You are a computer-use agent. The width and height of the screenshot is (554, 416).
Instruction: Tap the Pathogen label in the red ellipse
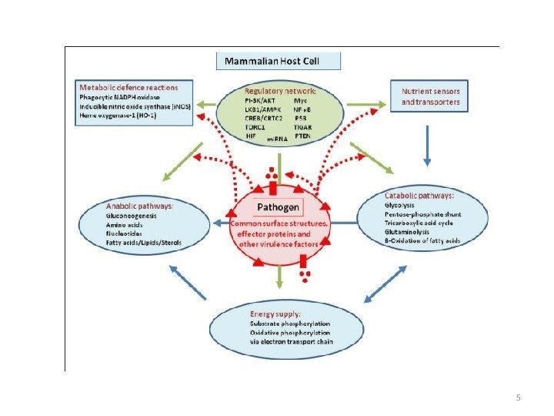[x=278, y=207]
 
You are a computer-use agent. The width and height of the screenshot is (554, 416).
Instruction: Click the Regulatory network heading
[x=280, y=91]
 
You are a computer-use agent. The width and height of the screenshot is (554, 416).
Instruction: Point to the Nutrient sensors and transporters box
[x=431, y=96]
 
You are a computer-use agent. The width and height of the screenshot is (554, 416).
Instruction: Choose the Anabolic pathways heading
[x=139, y=206]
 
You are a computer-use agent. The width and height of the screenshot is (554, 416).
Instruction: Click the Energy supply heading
[x=275, y=314]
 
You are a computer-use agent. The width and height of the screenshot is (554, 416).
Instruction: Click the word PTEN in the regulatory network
[x=302, y=136]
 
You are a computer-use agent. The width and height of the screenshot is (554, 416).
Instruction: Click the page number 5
[x=518, y=398]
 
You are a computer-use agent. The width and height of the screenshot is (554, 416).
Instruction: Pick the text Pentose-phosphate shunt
[x=419, y=214]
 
